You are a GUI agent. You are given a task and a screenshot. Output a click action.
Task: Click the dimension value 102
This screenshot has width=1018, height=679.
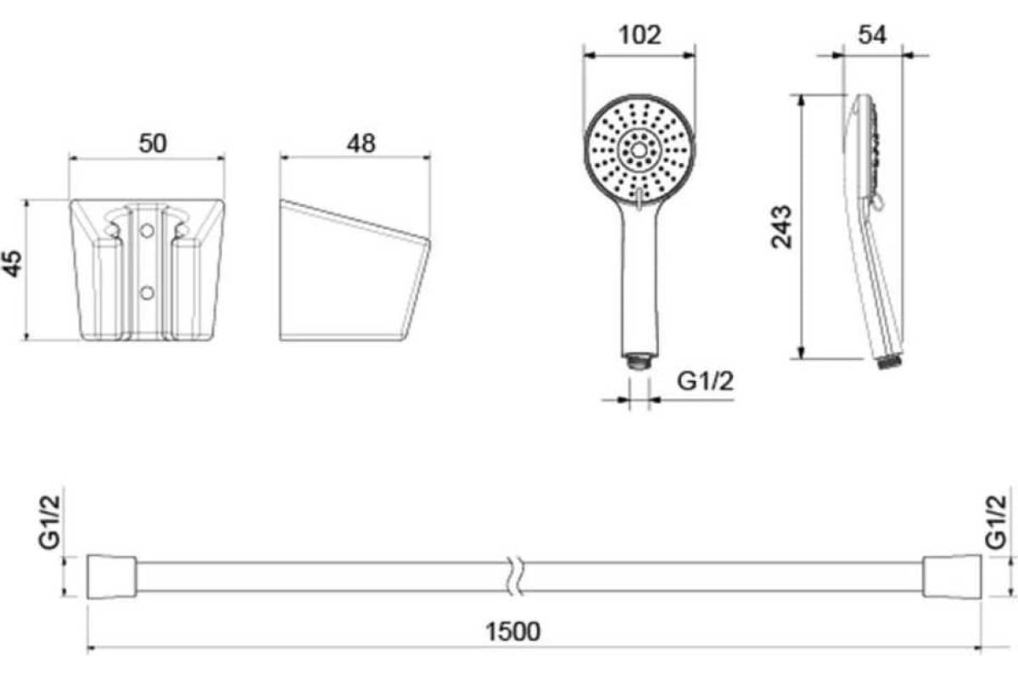coord(640,36)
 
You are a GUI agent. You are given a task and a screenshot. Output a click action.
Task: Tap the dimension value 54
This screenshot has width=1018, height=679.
coord(872,36)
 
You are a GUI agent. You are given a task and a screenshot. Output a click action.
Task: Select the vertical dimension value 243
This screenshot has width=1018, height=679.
coord(781,227)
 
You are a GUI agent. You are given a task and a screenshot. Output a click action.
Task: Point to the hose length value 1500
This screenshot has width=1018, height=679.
coord(513,631)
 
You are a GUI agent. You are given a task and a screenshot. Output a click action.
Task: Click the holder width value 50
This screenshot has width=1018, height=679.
coord(153,143)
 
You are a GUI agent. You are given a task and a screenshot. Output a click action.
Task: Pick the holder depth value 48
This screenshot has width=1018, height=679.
coord(361,143)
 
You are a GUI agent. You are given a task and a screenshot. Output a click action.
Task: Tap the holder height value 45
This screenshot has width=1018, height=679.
coord(13,263)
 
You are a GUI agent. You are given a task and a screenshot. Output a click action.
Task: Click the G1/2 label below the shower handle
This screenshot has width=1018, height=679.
coord(705,381)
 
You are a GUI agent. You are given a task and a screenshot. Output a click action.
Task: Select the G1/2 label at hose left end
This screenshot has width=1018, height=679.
coord(49,522)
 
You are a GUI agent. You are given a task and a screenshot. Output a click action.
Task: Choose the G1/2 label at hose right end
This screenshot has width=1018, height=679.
coord(996,522)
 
